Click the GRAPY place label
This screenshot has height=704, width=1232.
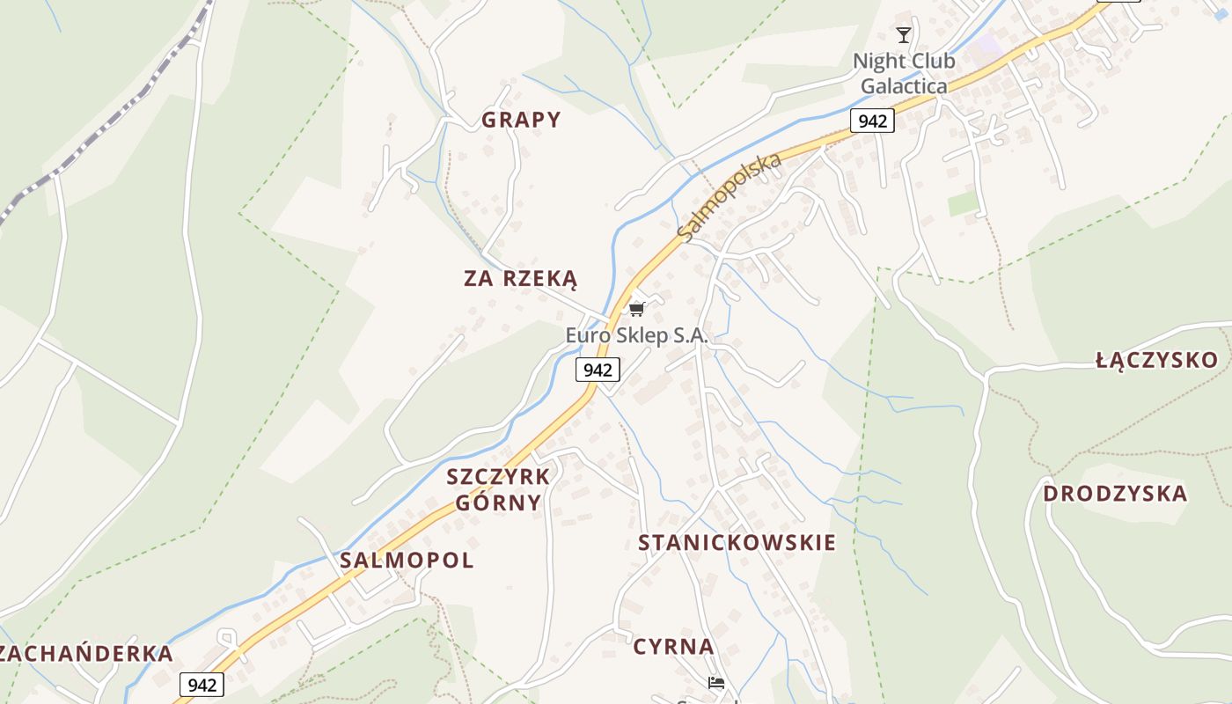pyautogui.click(x=521, y=120)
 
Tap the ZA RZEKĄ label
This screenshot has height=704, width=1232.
pyautogui.click(x=520, y=279)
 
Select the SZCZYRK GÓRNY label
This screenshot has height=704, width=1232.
pyautogui.click(x=497, y=489)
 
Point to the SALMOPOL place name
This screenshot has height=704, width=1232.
pyautogui.click(x=407, y=560)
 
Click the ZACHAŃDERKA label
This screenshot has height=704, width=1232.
pyautogui.click(x=86, y=654)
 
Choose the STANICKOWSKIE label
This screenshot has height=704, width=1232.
pyautogui.click(x=737, y=542)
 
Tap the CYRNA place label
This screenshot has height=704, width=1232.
pyautogui.click(x=673, y=647)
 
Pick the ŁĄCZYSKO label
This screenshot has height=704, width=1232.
pyautogui.click(x=1156, y=359)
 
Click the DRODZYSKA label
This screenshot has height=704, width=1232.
pyautogui.click(x=1115, y=493)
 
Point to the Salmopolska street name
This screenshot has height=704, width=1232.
pyautogui.click(x=730, y=198)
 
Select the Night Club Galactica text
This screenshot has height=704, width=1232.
pyautogui.click(x=904, y=74)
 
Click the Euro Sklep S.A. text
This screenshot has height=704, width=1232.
pyautogui.click(x=636, y=335)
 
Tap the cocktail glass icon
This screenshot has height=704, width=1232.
pyautogui.click(x=904, y=35)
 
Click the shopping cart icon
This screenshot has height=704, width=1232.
pyautogui.click(x=637, y=308)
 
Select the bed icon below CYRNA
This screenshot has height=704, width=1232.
pyautogui.click(x=716, y=683)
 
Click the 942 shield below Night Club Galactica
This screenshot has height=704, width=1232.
pyautogui.click(x=872, y=121)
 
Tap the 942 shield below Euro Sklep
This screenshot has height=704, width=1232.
pyautogui.click(x=598, y=370)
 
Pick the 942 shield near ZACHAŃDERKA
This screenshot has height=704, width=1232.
pyautogui.click(x=202, y=685)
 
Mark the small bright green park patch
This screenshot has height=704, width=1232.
pyautogui.click(x=963, y=203)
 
